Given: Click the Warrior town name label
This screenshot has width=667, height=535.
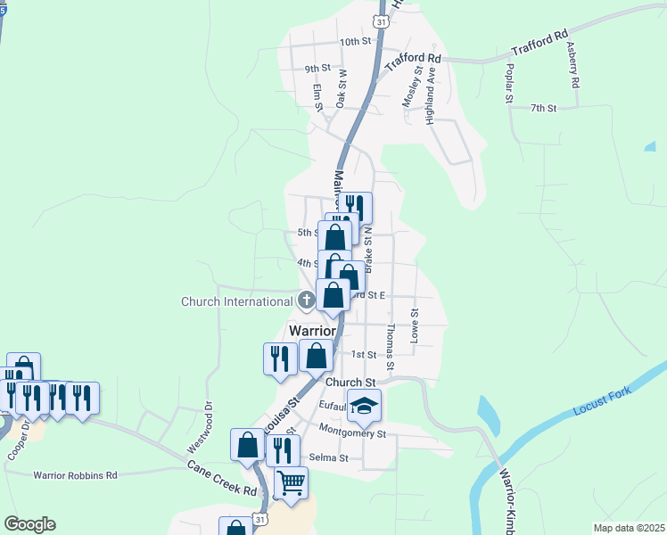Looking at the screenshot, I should pos(312,330).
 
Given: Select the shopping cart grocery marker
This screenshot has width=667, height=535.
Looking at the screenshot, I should pos(290,483).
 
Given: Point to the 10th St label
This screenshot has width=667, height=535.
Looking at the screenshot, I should pos(354,42).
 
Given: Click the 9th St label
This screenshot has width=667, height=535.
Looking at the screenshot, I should pos(317,68).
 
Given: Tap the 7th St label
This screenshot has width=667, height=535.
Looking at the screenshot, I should pos(543,108).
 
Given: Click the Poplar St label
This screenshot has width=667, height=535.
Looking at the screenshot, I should pos(509,83).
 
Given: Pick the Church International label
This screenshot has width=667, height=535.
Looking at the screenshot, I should pos(236,301).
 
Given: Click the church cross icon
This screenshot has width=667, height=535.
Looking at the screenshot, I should pos(306,300).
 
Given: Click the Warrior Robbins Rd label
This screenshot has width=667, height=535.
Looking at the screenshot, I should pos(76,475).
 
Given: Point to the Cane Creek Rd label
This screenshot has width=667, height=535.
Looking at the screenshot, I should pos(222,479).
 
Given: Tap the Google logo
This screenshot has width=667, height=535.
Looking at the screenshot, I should pos(30,524).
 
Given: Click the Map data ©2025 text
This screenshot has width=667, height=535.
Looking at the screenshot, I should pos(629,528).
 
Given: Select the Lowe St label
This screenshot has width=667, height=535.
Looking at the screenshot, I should pos(414,325).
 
